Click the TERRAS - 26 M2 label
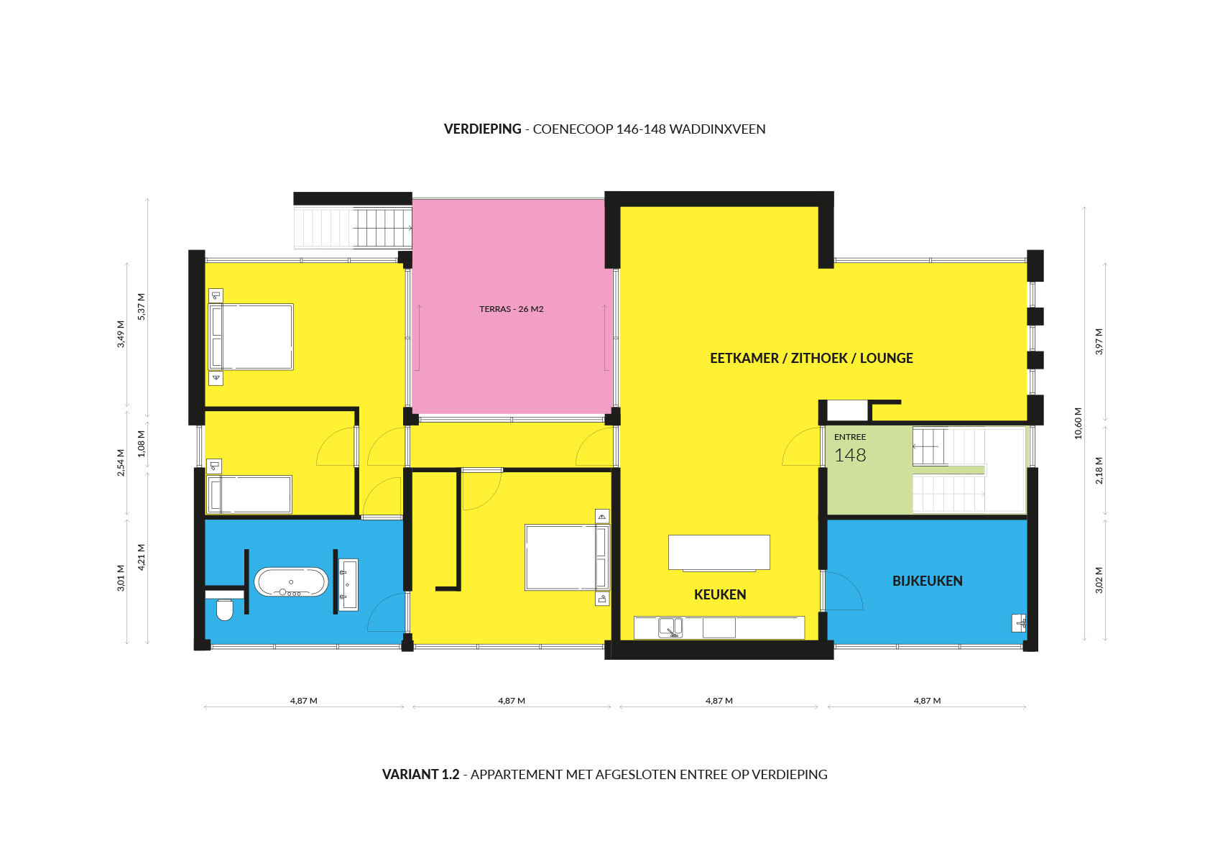pos(511,309)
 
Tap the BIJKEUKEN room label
pos(927,581)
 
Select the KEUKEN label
pos(719,594)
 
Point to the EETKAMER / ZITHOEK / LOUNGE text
pos(810,359)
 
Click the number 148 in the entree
pos(850,455)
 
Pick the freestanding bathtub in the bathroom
pos(290,582)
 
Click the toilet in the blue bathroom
pos(225,610)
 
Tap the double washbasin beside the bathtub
pos(348,585)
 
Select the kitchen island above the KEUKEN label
pos(719,553)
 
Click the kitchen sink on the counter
pos(670,628)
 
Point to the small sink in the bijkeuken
pos(1018,623)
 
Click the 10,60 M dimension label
pos(1079,423)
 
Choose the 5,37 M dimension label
pos(141,307)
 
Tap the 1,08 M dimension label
pos(141,443)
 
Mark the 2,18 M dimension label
pos(1099,470)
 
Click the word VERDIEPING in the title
pos(482,129)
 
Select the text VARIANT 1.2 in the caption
pos(420,774)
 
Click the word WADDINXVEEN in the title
pos(717,129)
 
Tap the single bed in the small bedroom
pos(249,494)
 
